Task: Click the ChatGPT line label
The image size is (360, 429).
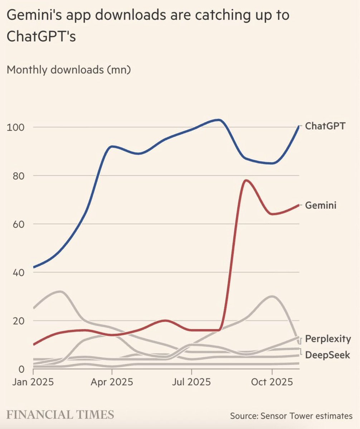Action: tap(325, 126)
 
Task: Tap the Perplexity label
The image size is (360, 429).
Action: tap(328, 339)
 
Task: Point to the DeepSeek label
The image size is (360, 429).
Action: tap(327, 355)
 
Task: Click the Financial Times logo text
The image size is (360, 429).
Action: tap(60, 415)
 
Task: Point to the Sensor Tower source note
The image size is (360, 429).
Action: tap(291, 416)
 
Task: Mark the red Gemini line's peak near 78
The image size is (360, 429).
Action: tap(246, 180)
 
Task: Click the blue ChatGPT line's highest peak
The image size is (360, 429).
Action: tap(219, 120)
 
